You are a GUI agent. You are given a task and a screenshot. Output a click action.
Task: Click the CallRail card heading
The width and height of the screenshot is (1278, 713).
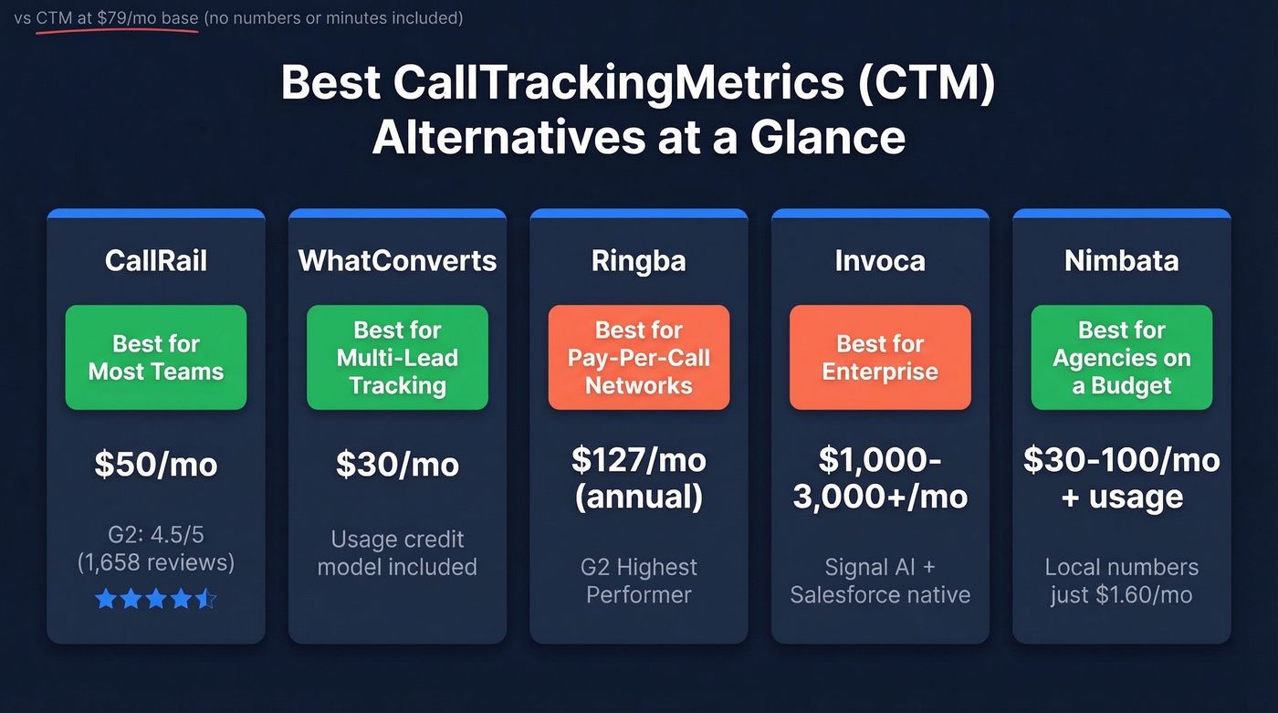point(156,261)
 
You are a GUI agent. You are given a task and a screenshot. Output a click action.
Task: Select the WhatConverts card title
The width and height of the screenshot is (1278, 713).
point(397,261)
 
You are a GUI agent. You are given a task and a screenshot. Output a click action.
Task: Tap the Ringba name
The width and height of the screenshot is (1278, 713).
point(638,261)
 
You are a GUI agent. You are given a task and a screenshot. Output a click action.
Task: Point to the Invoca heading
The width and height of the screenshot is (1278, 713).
point(880,261)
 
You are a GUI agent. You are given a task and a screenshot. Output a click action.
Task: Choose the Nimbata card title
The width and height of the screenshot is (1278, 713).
point(1121,261)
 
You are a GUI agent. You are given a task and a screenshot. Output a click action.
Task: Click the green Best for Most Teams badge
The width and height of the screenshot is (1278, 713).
point(156,357)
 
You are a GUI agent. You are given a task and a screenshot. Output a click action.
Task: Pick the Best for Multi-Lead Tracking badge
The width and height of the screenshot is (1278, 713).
point(397,357)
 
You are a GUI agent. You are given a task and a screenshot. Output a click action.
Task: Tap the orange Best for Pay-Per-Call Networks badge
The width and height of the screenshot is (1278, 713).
point(638,357)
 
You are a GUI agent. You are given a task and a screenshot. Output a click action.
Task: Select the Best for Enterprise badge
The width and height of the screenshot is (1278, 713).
point(880,357)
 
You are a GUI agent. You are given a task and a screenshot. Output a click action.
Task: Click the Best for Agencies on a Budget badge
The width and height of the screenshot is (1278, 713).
point(1121,357)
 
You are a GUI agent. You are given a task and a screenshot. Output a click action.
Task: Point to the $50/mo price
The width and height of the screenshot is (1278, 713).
point(156,465)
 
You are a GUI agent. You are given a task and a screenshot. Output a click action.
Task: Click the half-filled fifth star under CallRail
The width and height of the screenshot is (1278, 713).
point(207,599)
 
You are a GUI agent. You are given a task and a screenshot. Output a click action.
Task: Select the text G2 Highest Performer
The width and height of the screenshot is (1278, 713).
point(638,581)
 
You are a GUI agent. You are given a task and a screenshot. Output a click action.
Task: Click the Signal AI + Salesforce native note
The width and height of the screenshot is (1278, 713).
point(880,581)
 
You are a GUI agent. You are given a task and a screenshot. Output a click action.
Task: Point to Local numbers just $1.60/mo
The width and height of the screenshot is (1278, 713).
point(1121,581)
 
